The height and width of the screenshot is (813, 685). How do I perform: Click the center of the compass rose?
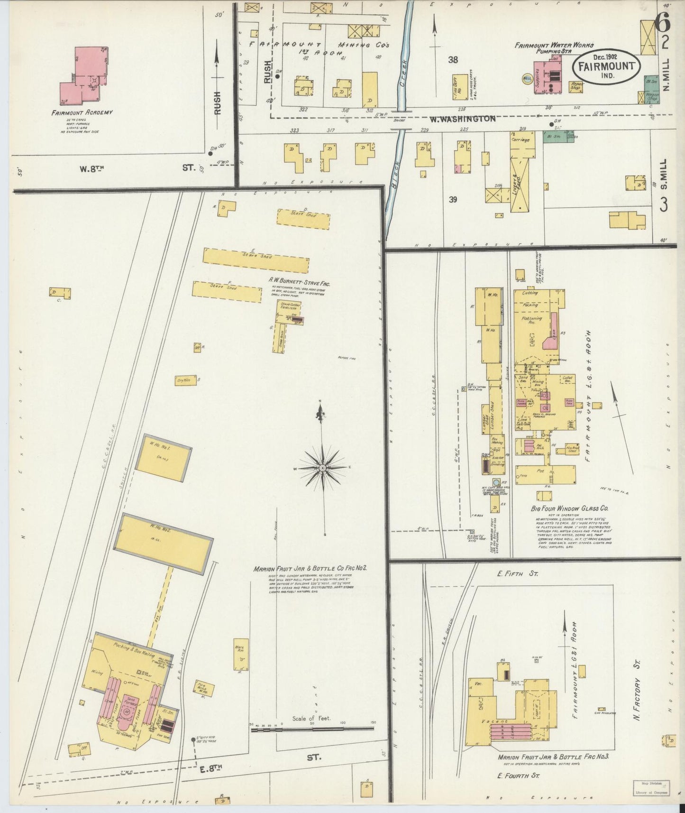tap(322, 468)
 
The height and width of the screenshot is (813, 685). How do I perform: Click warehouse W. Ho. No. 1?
tap(164, 458)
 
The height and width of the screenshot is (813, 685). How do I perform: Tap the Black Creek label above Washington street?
tap(404, 71)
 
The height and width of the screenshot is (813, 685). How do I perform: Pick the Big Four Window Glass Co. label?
tap(569, 508)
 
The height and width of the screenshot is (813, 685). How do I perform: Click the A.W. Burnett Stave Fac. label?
tap(299, 284)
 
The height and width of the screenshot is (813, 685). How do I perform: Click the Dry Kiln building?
tap(185, 380)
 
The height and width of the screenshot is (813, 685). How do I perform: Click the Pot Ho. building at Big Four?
tap(545, 474)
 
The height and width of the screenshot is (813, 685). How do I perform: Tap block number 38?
tap(453, 60)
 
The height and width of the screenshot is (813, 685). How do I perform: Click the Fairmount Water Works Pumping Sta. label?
tap(554, 48)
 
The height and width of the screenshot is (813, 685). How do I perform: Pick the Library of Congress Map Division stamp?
tap(651, 788)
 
